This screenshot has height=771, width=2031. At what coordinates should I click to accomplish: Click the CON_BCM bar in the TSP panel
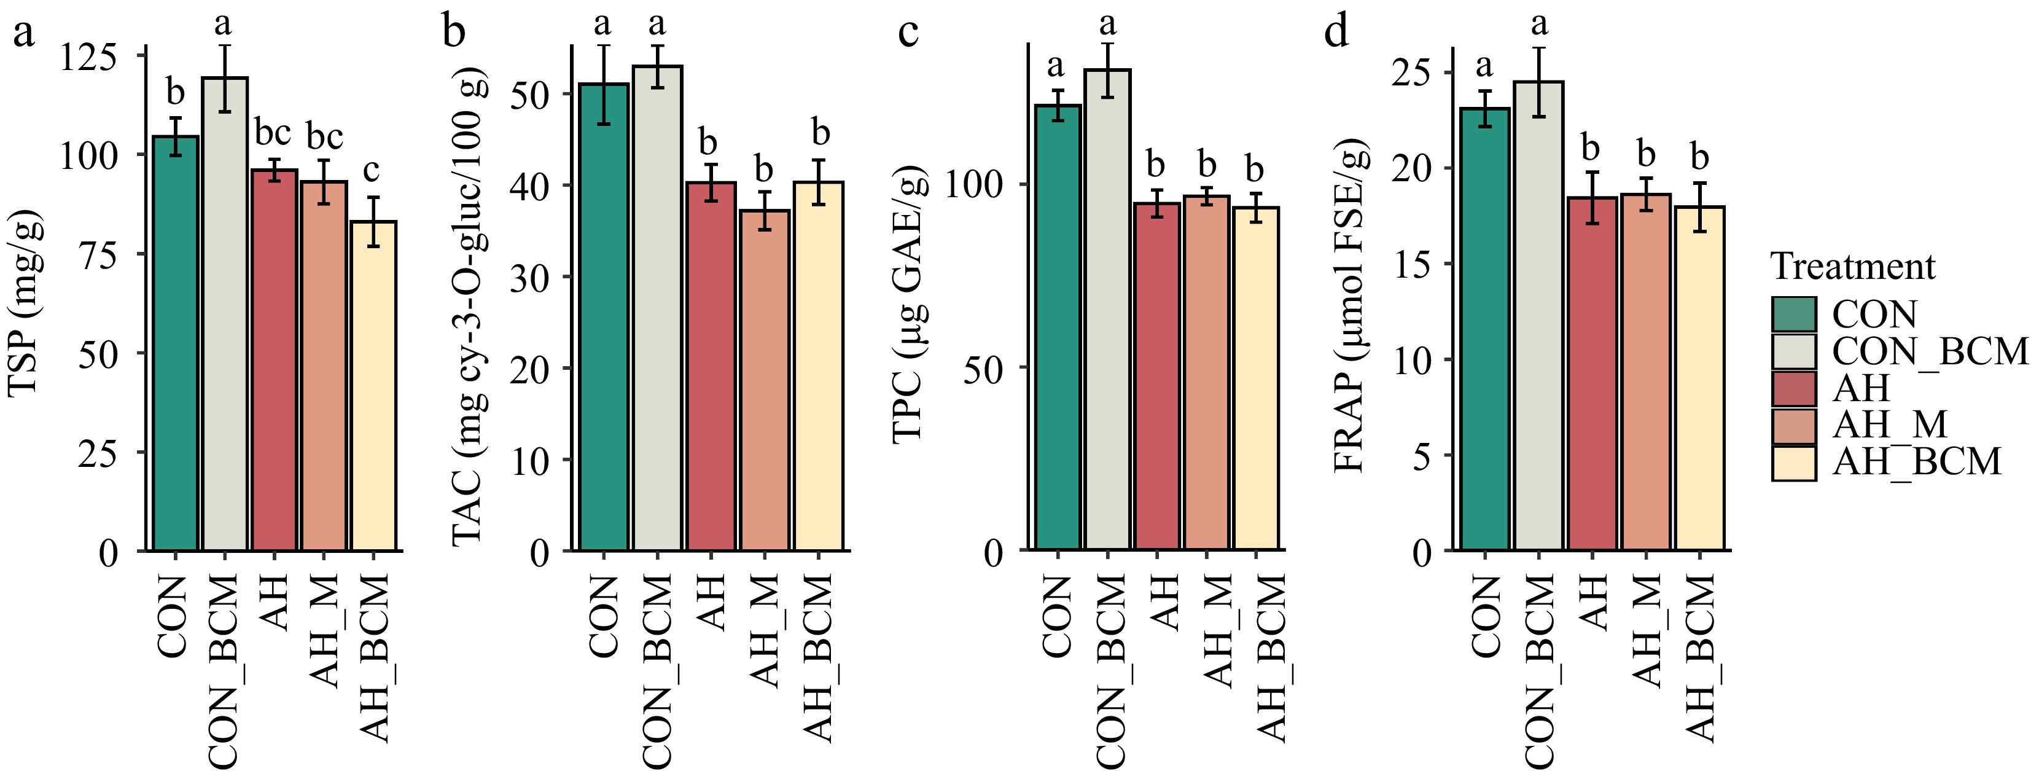tap(225, 315)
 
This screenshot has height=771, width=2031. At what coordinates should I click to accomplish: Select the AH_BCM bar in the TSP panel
tap(374, 386)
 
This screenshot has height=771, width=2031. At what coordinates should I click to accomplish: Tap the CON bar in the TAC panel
tap(603, 315)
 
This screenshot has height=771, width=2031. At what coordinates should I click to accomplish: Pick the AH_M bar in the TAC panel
tap(764, 378)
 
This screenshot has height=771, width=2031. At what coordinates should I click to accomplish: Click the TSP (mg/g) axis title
tap(25, 315)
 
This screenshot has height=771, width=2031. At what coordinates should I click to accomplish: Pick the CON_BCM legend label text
tap(1928, 351)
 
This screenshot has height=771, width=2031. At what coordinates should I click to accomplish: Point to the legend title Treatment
tap(1852, 267)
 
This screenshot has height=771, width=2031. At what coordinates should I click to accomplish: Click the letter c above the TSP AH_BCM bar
tap(372, 169)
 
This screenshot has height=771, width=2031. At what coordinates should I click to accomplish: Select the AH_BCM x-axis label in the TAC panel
tap(819, 658)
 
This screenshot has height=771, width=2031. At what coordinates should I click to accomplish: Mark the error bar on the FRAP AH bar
tap(1592, 198)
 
